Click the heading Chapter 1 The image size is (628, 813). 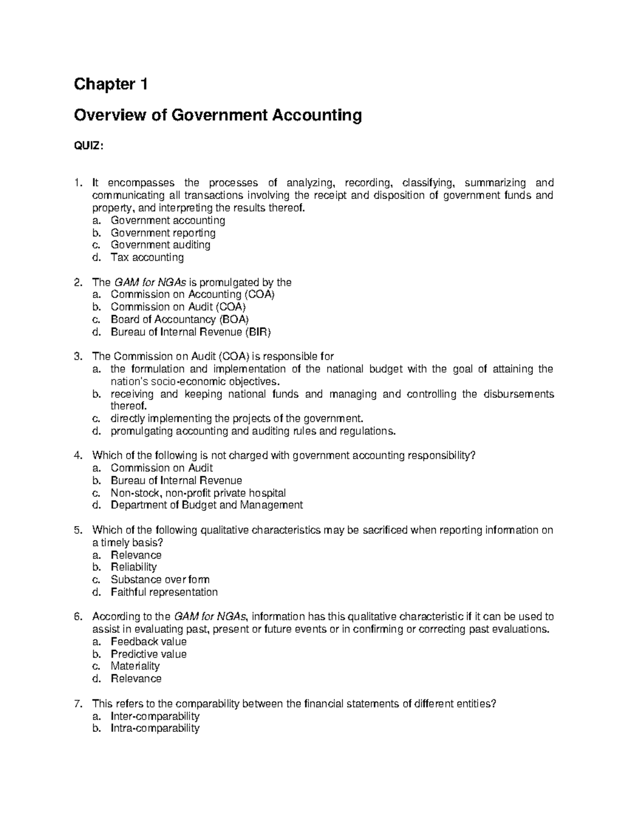pyautogui.click(x=110, y=84)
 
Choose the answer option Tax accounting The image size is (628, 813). pyautogui.click(x=147, y=258)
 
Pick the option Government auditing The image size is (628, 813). pyautogui.click(x=160, y=245)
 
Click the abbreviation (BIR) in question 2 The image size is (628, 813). pyautogui.click(x=259, y=332)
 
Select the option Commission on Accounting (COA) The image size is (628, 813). pyautogui.click(x=192, y=294)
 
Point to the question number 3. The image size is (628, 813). pyautogui.click(x=77, y=357)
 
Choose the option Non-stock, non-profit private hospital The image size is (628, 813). pyautogui.click(x=198, y=493)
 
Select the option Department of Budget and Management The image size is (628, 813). pyautogui.click(x=206, y=505)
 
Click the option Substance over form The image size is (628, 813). pyautogui.click(x=160, y=580)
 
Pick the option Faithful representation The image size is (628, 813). pyautogui.click(x=164, y=592)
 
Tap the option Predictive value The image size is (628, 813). pyautogui.click(x=148, y=654)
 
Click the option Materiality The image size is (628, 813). pyautogui.click(x=135, y=666)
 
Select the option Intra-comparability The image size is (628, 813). pyautogui.click(x=155, y=728)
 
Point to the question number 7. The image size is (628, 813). pyautogui.click(x=77, y=704)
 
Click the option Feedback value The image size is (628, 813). pyautogui.click(x=148, y=642)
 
